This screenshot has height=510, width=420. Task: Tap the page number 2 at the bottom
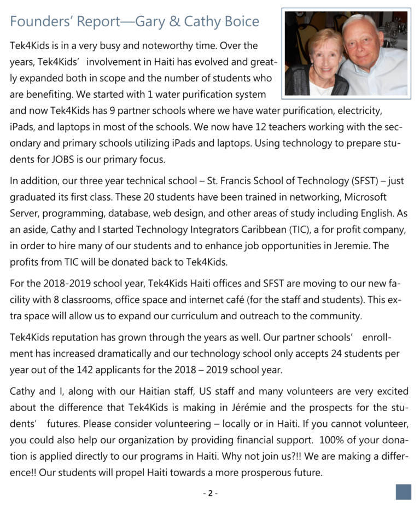click(x=210, y=494)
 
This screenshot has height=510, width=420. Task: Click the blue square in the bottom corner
click(x=403, y=491)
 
